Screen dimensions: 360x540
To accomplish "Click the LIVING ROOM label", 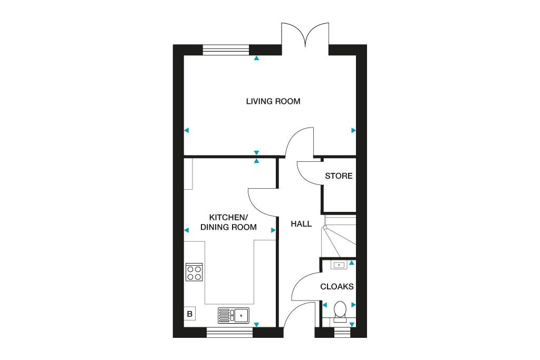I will pyautogui.click(x=273, y=101).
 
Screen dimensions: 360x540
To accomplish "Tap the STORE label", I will pyautogui.click(x=339, y=176).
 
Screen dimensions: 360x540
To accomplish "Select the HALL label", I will pyautogui.click(x=301, y=224).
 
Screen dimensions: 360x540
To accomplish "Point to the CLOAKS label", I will pyautogui.click(x=337, y=287).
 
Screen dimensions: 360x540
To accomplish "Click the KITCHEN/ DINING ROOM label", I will pyautogui.click(x=228, y=222).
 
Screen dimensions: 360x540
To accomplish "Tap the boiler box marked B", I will pyautogui.click(x=190, y=314).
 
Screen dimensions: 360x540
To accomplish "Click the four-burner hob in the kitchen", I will pyautogui.click(x=194, y=271).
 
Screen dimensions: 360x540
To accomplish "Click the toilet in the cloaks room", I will pyautogui.click(x=340, y=310).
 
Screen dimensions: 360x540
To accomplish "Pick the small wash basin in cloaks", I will pyautogui.click(x=339, y=265).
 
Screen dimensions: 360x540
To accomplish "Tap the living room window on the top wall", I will pyautogui.click(x=226, y=50).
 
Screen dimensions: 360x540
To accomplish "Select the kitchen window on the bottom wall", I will pyautogui.click(x=229, y=332).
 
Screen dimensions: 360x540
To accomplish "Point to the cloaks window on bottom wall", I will pyautogui.click(x=342, y=332).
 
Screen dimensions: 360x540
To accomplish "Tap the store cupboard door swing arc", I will pyautogui.click(x=308, y=173).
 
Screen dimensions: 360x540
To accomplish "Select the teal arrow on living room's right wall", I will pyautogui.click(x=353, y=130).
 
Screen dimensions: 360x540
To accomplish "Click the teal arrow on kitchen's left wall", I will pyautogui.click(x=186, y=230).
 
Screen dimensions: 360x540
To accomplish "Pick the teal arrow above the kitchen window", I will pyautogui.click(x=256, y=325).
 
